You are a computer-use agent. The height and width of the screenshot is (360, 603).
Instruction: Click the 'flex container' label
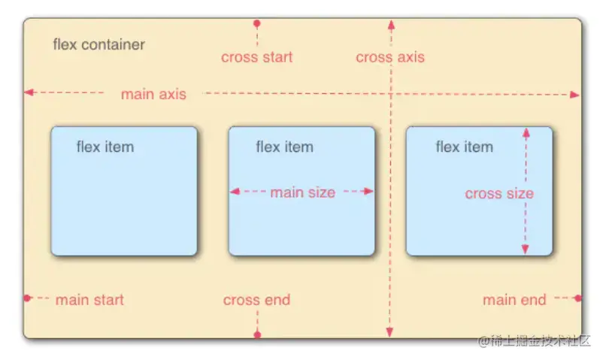98,44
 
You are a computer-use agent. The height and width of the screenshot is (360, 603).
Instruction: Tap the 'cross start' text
256,57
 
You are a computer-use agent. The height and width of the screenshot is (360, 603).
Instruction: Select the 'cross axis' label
390,57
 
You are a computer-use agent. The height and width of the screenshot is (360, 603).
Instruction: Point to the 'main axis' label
153,94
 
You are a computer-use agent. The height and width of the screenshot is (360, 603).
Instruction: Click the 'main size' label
303,192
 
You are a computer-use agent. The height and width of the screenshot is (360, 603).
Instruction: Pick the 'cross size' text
499,193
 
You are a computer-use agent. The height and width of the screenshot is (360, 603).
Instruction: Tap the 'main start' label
89,300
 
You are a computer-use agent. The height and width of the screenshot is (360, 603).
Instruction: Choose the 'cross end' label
256,300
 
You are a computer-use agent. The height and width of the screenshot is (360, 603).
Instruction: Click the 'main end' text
514,300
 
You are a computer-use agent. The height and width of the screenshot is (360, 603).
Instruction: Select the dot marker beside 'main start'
27,298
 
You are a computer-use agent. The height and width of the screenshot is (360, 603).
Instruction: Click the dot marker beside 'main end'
578,298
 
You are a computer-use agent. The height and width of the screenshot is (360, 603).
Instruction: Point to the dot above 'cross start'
257,24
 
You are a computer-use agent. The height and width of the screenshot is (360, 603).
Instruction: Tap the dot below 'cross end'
257,334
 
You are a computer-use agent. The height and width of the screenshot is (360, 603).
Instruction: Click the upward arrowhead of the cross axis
391,25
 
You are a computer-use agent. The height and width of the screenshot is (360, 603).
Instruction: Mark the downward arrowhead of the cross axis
389,332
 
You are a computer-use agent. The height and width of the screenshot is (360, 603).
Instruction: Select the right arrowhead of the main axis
574,95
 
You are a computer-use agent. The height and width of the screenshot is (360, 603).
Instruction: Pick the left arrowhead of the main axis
29,92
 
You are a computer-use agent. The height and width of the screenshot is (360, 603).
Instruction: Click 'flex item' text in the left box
105,147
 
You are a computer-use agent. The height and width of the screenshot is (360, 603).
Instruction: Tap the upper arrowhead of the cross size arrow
526,133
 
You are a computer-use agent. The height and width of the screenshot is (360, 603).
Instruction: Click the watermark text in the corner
534,340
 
